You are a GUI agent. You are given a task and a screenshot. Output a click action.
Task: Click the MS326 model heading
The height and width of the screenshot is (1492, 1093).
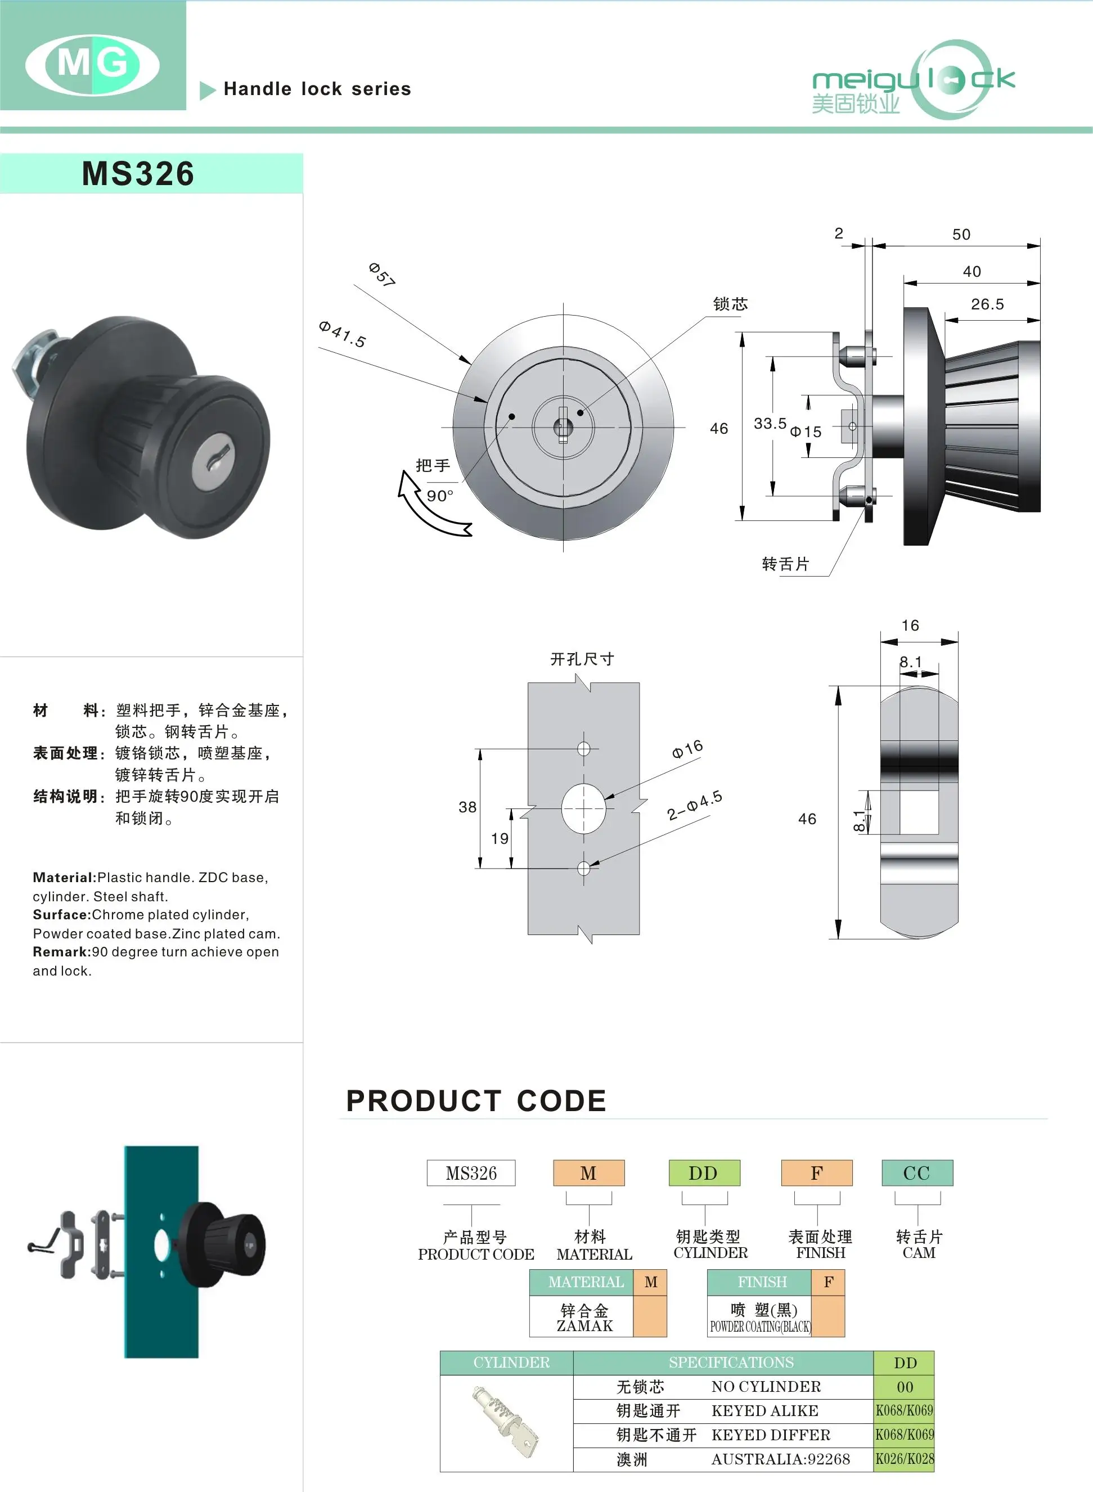pyautogui.click(x=138, y=173)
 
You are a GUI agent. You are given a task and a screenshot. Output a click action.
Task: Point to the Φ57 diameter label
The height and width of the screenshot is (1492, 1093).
pyautogui.click(x=383, y=274)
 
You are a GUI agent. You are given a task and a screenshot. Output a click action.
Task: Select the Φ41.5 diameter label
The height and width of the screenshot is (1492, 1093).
pyautogui.click(x=342, y=334)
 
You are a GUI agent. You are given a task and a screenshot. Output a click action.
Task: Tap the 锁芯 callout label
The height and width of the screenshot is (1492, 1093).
pyautogui.click(x=730, y=304)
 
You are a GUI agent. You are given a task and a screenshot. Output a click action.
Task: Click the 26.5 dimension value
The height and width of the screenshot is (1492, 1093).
pyautogui.click(x=987, y=304)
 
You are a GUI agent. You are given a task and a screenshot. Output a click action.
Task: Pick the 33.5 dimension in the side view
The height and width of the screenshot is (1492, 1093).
pyautogui.click(x=770, y=424)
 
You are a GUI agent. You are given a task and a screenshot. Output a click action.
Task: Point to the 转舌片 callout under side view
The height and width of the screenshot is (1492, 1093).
pyautogui.click(x=785, y=564)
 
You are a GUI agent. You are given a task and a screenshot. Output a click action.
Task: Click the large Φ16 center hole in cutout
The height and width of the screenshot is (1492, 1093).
pyautogui.click(x=583, y=808)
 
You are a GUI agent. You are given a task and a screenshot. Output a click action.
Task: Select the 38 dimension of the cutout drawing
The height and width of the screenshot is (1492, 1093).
pyautogui.click(x=467, y=807)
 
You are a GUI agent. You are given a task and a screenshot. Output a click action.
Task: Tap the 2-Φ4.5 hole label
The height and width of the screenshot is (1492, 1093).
pyautogui.click(x=694, y=805)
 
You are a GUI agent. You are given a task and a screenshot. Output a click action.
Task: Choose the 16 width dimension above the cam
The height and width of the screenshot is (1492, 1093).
pyautogui.click(x=910, y=625)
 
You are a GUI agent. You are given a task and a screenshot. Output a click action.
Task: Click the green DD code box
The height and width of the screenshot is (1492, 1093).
pyautogui.click(x=703, y=1173)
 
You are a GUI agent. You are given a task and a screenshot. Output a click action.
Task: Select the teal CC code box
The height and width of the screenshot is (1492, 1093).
pyautogui.click(x=916, y=1173)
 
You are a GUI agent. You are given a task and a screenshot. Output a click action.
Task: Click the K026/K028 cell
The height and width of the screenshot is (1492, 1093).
pyautogui.click(x=905, y=1459)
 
